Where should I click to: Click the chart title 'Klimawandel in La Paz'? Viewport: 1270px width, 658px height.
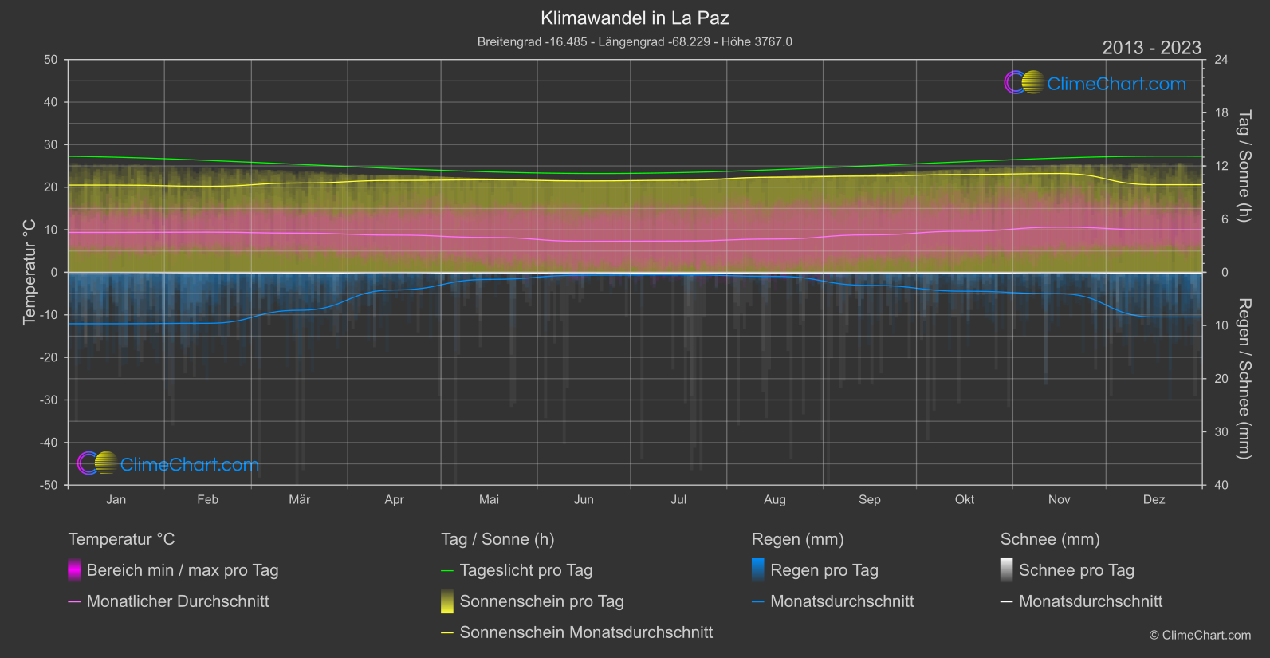coord(635,18)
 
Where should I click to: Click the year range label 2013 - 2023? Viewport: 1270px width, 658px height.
coord(1151,48)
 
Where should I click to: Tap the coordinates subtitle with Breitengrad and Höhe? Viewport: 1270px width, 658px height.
coord(635,41)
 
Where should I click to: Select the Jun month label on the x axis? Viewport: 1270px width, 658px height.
coord(584,499)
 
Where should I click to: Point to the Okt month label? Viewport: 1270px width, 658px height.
coord(965,499)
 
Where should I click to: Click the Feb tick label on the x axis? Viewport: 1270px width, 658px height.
coord(207,499)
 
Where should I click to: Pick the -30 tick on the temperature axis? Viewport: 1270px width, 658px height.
coord(49,400)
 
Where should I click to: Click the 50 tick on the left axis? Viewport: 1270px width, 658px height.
coord(51,60)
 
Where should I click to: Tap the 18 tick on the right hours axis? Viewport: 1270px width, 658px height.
coord(1221,113)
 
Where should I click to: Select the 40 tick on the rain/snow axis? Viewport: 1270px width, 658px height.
coord(1221,485)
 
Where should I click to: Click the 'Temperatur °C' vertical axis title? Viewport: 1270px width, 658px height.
coord(29,272)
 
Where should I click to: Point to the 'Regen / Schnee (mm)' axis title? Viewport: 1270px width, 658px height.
coord(1244,379)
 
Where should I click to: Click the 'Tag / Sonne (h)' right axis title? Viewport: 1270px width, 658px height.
coord(1244,166)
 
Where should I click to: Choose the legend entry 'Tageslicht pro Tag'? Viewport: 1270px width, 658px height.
coord(525,570)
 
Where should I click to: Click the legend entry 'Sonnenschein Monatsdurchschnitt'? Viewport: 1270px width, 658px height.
coord(586,632)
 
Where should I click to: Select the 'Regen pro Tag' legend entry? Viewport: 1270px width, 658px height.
coord(824,570)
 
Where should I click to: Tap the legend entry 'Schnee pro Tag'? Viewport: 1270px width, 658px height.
coord(1075,570)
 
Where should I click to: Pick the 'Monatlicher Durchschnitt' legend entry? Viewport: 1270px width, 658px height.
coord(177,601)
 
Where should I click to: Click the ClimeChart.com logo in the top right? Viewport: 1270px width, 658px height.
coord(1095,83)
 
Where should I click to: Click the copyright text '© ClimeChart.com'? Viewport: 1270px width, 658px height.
coord(1200,635)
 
